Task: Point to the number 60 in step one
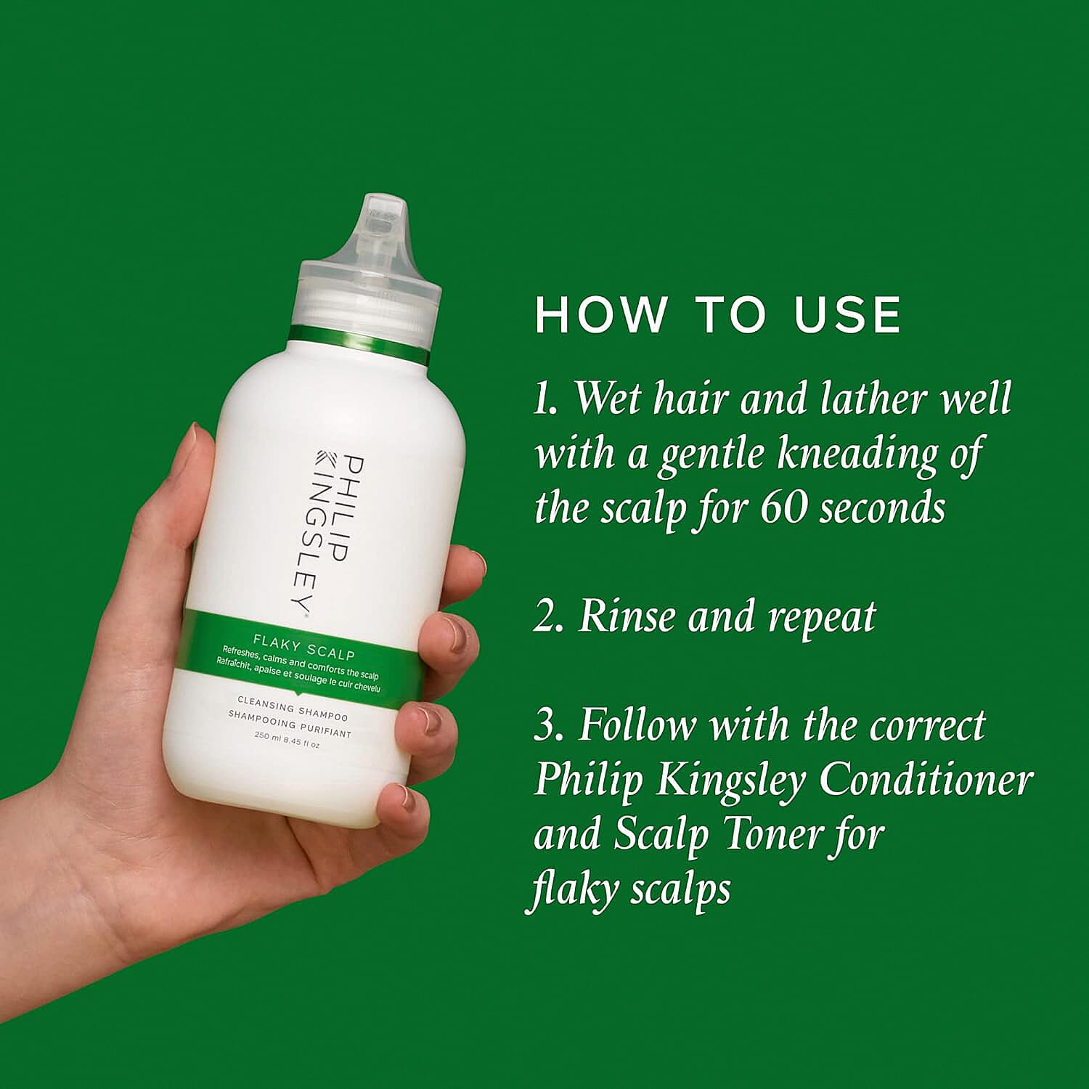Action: coord(785,507)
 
